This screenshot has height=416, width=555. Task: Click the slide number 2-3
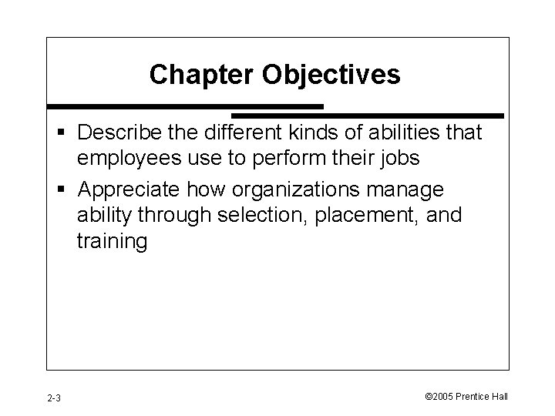(55, 398)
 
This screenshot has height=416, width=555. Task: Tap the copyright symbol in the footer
(428, 397)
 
